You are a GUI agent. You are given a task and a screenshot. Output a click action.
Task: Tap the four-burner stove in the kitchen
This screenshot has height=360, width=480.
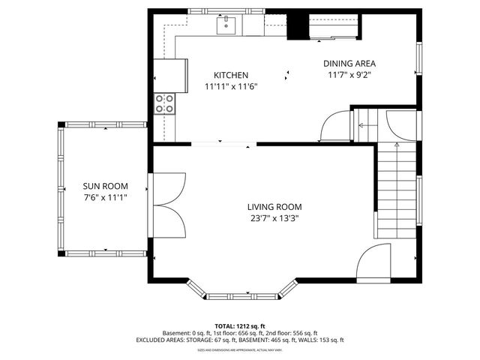coord(164,103)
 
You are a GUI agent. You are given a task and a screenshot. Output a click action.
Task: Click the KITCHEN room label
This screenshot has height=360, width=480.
coord(230,75)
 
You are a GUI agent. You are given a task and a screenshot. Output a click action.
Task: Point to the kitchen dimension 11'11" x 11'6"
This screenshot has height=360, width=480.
coord(231,87)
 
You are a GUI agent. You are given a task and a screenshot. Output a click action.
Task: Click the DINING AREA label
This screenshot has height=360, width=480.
coord(349,64)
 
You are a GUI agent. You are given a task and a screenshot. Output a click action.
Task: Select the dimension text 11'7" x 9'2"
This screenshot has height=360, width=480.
coord(349,75)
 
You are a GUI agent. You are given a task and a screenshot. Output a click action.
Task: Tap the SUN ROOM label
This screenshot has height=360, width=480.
coord(105,186)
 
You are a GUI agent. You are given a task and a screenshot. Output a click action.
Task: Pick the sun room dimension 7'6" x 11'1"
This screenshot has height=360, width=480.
coord(105,198)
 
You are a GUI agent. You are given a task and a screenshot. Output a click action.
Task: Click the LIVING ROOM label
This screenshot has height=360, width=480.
coord(274,207)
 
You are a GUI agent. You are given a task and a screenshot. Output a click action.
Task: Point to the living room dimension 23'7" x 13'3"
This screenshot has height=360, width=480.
coord(274,219)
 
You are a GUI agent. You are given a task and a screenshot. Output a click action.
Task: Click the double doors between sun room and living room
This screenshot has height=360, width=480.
coord(168,205)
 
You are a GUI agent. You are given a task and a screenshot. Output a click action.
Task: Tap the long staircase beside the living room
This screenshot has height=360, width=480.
coord(395,191)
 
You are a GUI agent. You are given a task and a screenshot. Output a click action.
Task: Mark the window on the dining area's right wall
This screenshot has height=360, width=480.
coord(418,59)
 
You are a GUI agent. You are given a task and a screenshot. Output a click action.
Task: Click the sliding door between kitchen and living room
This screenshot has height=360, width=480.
coord(221,143)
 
